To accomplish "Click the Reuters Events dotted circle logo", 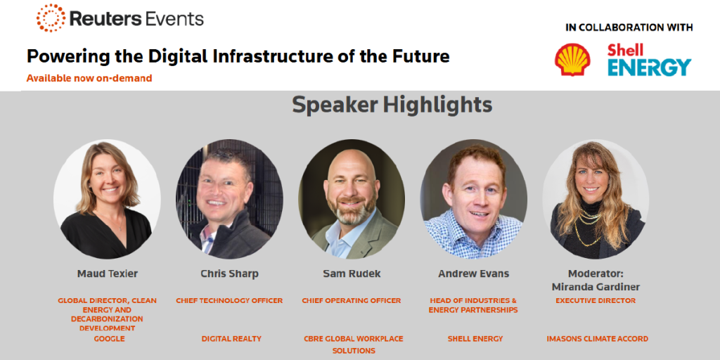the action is [51, 18].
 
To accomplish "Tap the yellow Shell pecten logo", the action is [572, 60].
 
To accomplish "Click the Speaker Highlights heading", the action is [392, 105].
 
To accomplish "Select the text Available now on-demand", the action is [89, 78].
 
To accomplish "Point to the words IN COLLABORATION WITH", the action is [629, 27].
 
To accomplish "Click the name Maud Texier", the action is [108, 274].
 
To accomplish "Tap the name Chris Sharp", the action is [230, 274].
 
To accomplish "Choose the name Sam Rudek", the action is [352, 274].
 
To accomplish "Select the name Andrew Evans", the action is [473, 274].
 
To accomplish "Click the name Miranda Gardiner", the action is [596, 287].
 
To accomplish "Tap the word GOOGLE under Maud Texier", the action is [109, 339].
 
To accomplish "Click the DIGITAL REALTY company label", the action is [231, 339].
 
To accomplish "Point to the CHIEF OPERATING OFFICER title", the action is [352, 301].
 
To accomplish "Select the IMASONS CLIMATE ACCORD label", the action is [598, 339].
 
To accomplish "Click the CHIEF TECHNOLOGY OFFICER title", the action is [229, 301].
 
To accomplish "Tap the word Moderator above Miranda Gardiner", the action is [596, 274].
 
